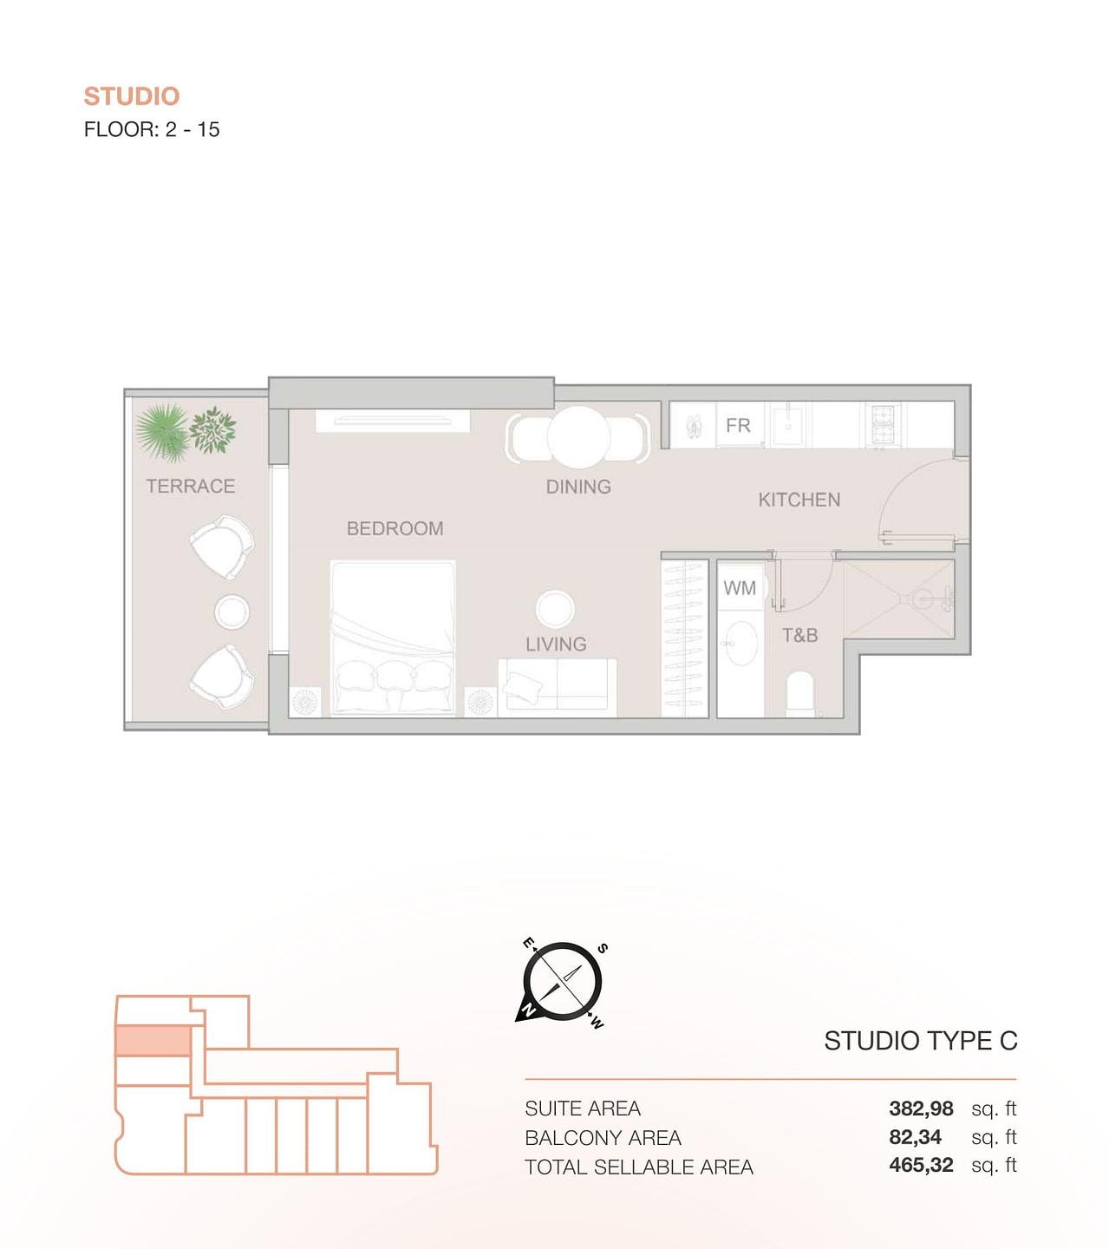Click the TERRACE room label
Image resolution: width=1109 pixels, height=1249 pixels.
191,487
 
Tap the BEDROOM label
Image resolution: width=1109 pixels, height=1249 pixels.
395,528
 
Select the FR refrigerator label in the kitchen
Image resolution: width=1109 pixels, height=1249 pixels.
738,425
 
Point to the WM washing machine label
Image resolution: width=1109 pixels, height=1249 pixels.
740,588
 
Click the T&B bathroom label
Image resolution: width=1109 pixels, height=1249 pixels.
800,635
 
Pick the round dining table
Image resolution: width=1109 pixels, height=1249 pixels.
578,437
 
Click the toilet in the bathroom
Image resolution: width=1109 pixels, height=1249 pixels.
800,694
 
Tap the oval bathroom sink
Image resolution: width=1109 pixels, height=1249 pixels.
740,643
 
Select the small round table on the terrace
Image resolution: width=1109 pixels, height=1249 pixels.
232,611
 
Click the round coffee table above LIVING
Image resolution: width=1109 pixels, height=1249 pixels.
556,609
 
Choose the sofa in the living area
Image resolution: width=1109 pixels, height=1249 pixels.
558,687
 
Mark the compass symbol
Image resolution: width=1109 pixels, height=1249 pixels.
562,981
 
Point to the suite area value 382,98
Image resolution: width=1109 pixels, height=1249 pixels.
921,1108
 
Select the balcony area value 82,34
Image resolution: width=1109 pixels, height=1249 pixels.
915,1137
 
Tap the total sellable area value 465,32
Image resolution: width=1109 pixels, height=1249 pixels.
921,1165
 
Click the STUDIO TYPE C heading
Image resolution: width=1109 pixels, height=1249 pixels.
920,1041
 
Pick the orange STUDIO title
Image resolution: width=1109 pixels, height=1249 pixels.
132,96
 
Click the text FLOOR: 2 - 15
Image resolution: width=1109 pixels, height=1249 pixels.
152,129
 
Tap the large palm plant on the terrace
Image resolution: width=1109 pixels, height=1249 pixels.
161,432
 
